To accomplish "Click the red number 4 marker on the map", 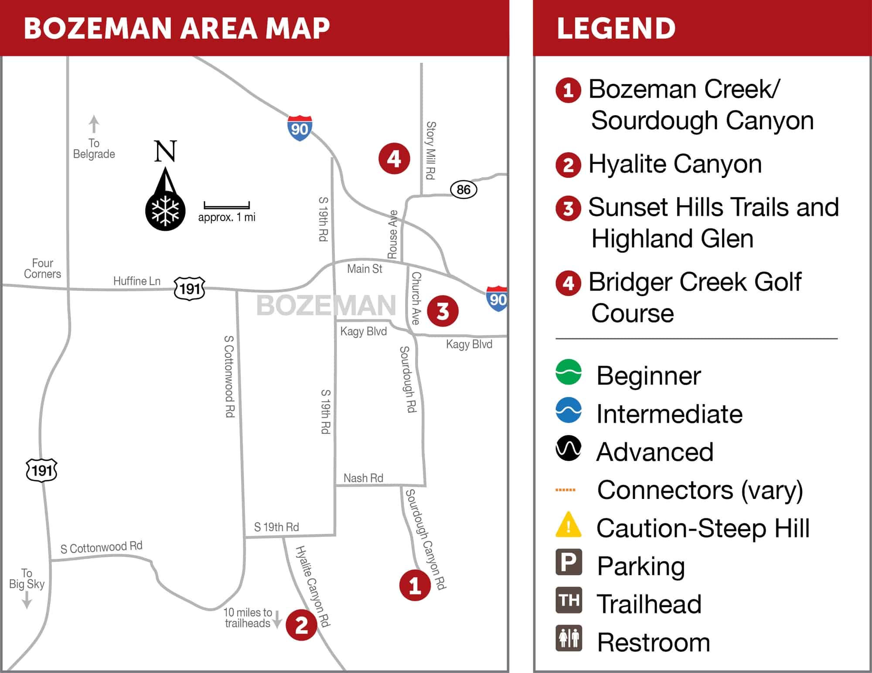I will [x=394, y=159].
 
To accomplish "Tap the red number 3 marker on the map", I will [x=443, y=311].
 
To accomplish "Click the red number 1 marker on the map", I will [x=415, y=585].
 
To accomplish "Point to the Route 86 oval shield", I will [x=463, y=190].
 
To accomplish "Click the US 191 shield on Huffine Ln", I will [x=190, y=288].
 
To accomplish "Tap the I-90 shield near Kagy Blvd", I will [x=497, y=299].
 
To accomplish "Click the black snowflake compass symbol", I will [x=165, y=212].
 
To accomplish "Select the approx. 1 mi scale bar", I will [x=227, y=205].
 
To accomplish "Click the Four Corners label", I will [x=42, y=269].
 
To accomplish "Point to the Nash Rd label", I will [x=363, y=478].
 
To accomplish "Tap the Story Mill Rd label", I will [x=430, y=150].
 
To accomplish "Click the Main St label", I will [x=364, y=269].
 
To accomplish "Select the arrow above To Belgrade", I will [x=94, y=124].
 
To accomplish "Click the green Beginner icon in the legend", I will [x=569, y=372].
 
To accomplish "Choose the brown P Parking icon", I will [x=569, y=562].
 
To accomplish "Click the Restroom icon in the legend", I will [x=569, y=638].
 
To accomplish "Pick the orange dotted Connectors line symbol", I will [x=565, y=490].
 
